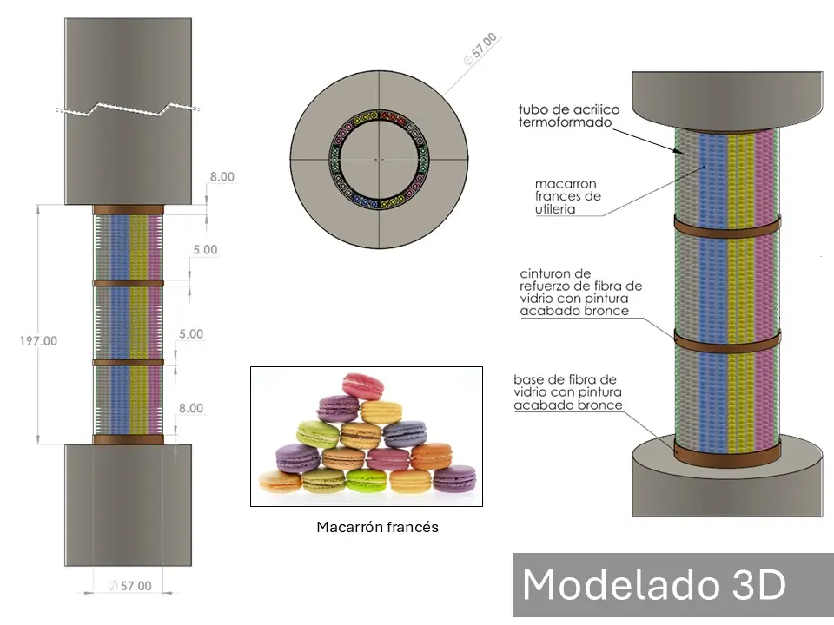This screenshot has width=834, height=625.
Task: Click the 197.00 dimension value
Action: (38, 341)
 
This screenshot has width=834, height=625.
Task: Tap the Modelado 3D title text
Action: (653, 585)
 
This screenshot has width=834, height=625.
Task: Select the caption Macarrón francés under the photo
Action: (377, 527)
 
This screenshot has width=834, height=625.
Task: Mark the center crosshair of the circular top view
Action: (378, 160)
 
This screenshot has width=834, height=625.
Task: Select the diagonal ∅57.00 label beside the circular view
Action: (480, 50)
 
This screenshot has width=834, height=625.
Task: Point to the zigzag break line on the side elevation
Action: (129, 109)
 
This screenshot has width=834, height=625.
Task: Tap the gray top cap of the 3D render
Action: (727, 97)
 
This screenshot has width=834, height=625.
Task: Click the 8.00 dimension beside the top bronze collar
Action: (221, 176)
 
